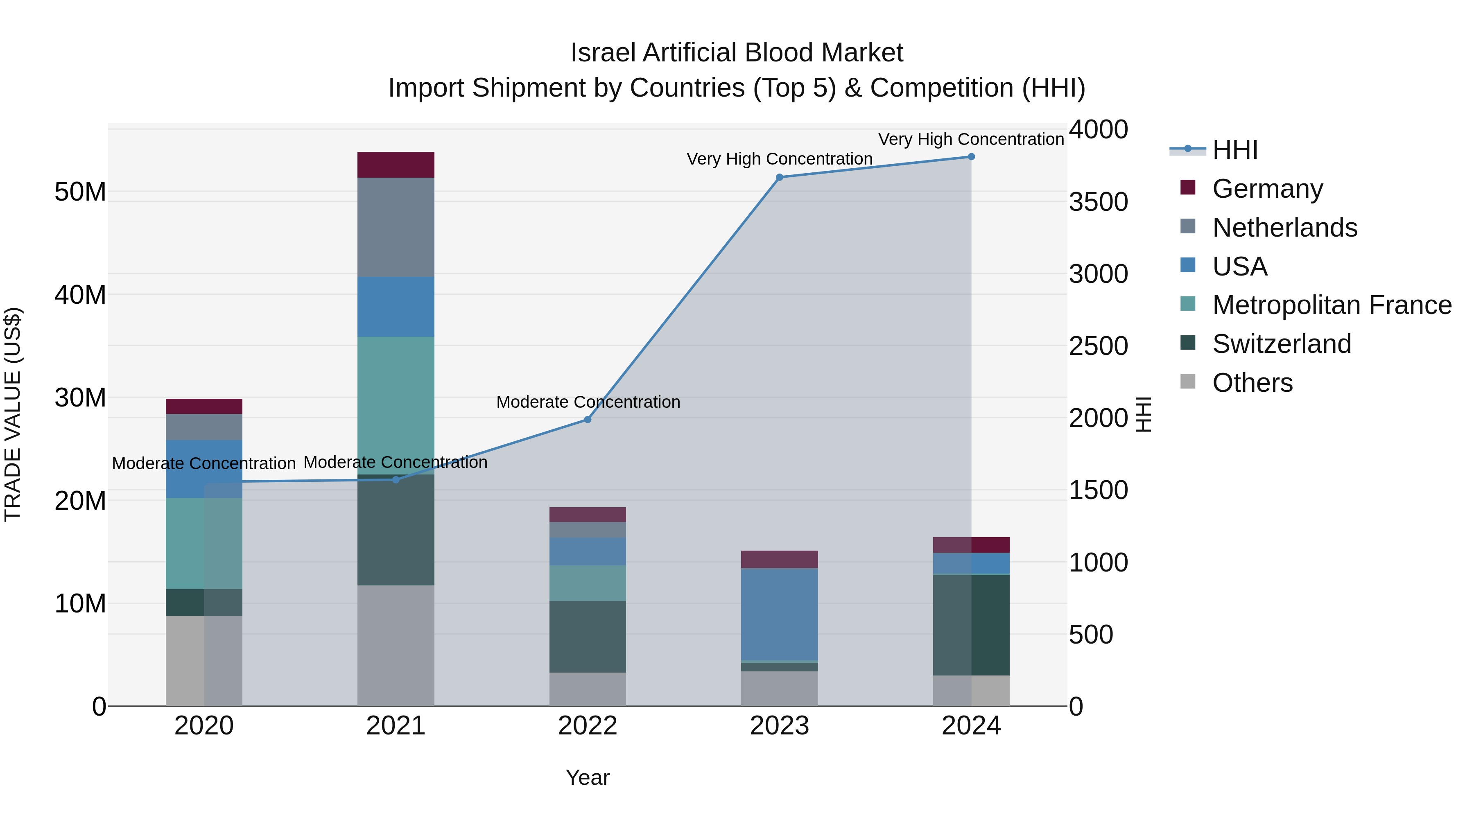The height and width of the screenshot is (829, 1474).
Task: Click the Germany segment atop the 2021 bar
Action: [396, 165]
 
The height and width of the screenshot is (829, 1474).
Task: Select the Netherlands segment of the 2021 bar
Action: [396, 227]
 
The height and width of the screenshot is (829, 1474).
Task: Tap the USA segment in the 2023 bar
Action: [779, 614]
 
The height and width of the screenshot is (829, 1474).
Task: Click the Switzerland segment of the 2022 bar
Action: [587, 636]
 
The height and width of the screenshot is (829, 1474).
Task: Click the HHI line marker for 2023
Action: [779, 177]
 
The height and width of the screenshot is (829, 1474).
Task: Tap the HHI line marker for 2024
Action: [971, 157]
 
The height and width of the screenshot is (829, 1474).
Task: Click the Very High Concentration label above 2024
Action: [971, 139]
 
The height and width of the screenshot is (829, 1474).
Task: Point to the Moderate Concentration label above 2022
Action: [588, 402]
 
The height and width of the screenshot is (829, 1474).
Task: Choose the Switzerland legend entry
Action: [1281, 344]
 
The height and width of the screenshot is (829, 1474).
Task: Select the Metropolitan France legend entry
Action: [1331, 305]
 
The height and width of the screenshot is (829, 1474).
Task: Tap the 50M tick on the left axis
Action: [80, 192]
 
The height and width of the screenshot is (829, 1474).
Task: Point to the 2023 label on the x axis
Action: [779, 726]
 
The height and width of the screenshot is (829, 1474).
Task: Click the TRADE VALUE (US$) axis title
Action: [13, 414]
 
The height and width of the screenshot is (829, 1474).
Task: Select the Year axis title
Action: [587, 777]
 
